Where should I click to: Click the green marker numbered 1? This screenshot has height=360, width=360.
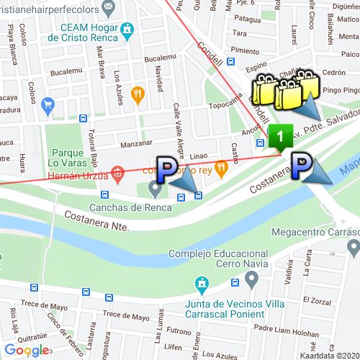281,135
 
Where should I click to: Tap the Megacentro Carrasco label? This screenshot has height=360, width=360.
315,233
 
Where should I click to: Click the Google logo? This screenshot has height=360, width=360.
26,350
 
